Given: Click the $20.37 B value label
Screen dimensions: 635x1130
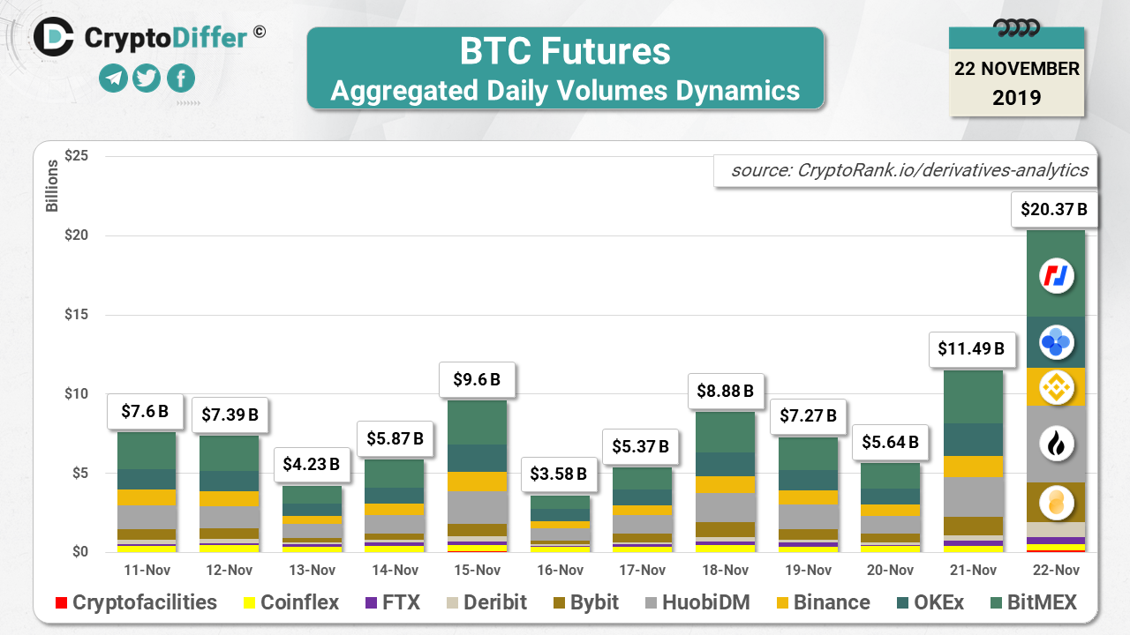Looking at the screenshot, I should click(x=1054, y=210).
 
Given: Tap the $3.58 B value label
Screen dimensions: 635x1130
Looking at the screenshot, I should click(x=558, y=474).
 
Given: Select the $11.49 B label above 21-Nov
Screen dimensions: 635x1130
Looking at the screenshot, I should click(x=968, y=348).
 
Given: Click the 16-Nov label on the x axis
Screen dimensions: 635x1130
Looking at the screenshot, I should click(x=558, y=571).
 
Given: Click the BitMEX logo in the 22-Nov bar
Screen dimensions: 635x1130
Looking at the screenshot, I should click(x=1056, y=277).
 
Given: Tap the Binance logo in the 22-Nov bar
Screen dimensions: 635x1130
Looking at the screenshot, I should click(x=1056, y=387).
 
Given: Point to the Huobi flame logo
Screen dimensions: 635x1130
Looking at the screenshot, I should click(x=1056, y=444).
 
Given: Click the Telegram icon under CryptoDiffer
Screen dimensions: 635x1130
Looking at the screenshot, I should click(x=113, y=78).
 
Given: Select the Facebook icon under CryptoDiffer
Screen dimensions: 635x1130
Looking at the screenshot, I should click(x=180, y=78).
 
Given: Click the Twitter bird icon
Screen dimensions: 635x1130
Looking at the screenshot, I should click(x=147, y=78).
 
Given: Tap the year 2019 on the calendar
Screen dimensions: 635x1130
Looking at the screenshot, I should click(x=1017, y=97).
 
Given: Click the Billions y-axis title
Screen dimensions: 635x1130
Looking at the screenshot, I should click(x=52, y=186).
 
